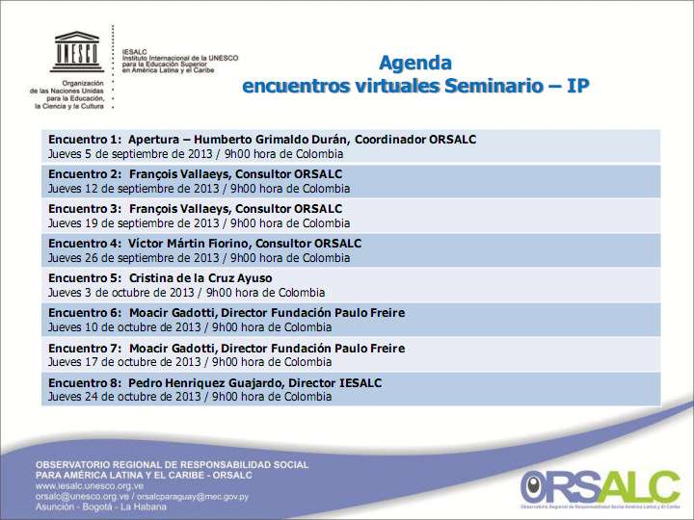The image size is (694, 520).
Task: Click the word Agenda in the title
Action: (x=414, y=64)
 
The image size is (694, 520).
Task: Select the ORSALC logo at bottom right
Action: (x=600, y=488)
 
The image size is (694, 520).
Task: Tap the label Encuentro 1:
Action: (x=85, y=140)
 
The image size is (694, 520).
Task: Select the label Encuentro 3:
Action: (x=85, y=209)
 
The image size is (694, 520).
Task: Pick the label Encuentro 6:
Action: (x=85, y=313)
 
